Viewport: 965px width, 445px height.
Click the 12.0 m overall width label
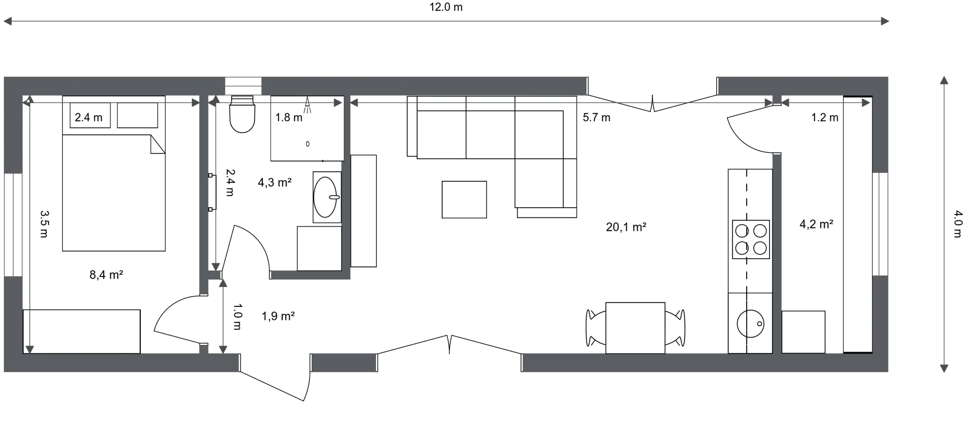[446, 7]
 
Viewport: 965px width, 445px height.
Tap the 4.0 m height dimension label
[958, 224]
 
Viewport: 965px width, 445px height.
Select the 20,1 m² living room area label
[626, 227]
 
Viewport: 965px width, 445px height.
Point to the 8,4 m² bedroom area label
[106, 275]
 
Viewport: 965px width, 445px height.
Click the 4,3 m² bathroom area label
[274, 182]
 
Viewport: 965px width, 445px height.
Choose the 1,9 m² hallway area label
[278, 316]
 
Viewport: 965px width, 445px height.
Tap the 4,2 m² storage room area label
[816, 224]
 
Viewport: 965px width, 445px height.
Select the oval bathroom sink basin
[325, 197]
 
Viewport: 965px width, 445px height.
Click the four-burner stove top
[751, 239]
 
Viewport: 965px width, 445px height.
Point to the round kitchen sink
[751, 324]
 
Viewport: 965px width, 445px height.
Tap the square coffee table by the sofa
[464, 199]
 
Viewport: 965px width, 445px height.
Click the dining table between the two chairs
[635, 328]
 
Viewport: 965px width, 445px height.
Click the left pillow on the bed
[90, 115]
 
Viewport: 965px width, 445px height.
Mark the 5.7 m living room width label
[596, 118]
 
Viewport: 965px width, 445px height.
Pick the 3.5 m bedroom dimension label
[44, 224]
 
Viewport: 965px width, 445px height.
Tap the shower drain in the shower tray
[308, 144]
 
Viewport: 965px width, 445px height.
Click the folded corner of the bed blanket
[158, 144]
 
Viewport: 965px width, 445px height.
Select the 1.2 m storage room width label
[825, 118]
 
